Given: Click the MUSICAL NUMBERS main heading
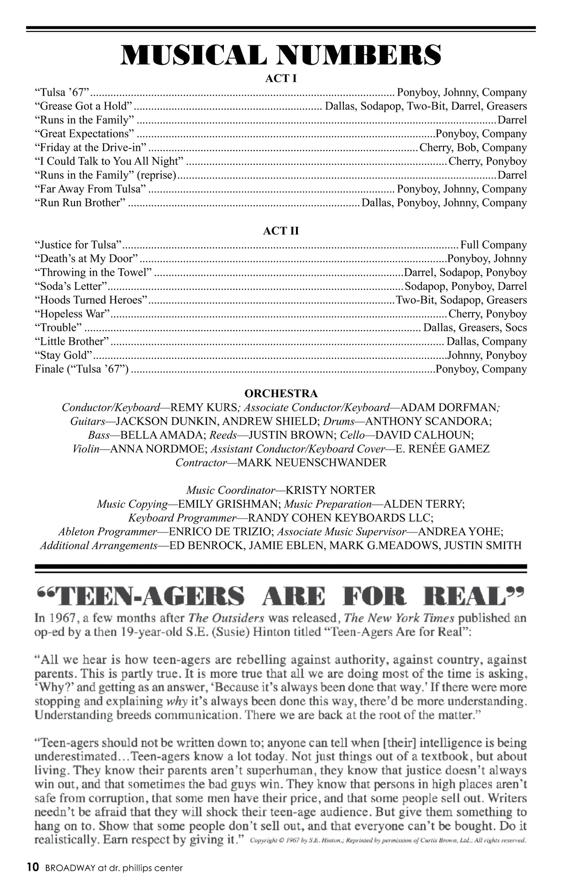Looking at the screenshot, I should [281, 54].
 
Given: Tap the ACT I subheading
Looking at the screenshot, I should [281, 78].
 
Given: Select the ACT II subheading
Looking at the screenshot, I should [281, 231].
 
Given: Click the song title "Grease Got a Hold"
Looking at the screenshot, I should [84, 106].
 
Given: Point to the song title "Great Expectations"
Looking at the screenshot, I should [85, 134].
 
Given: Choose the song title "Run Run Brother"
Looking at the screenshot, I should [80, 203].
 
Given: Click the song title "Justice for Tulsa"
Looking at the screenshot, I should [78, 245].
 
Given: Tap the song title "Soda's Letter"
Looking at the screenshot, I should [71, 286].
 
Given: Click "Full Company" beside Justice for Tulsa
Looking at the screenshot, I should [494, 245].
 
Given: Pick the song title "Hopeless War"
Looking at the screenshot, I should [72, 314].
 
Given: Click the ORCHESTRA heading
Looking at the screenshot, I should [281, 393].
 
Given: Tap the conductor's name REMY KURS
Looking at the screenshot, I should [204, 407].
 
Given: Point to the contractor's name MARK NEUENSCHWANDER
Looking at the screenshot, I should [312, 463].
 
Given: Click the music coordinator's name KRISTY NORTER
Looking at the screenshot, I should [330, 490].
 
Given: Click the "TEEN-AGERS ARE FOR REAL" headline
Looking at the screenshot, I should [281, 597].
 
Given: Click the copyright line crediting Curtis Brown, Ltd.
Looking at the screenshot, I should [388, 840].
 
